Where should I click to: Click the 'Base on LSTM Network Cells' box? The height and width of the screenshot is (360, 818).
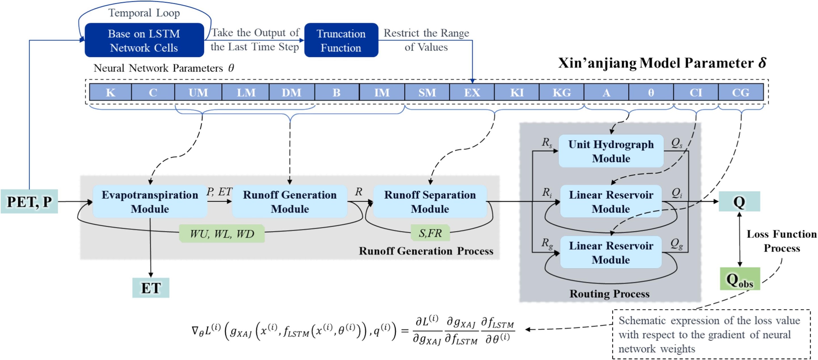144,40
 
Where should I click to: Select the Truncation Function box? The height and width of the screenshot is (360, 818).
341,40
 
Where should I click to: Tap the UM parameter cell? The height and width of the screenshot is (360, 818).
198,92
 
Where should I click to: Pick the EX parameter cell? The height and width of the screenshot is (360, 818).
472,92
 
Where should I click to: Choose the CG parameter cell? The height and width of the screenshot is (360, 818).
741,92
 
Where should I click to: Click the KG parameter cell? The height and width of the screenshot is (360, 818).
561,92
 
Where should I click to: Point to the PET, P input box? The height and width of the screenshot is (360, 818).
29,201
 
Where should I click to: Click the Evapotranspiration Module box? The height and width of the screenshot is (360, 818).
150,201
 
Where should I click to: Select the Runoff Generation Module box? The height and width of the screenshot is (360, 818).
290,201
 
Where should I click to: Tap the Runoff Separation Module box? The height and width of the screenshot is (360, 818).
430,201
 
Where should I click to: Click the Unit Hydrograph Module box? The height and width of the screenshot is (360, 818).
611,151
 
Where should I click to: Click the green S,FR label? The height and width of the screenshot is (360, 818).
430,233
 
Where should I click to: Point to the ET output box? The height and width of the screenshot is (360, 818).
151,288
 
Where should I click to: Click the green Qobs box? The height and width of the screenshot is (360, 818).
740,279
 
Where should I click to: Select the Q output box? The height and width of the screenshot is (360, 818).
739,201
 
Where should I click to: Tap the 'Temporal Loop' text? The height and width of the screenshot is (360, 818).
144,13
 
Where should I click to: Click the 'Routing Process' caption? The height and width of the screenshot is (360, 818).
609,294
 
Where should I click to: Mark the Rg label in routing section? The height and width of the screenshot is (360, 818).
547,243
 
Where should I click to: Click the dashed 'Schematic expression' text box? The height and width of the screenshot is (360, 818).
711,334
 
